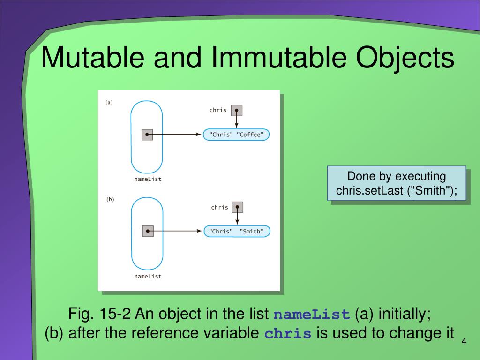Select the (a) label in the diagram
pyautogui.click(x=109, y=103)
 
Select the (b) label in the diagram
pyautogui.click(x=110, y=199)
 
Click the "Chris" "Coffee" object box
pyautogui.click(x=236, y=135)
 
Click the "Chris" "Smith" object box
pyautogui.click(x=236, y=231)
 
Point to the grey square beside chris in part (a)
pyautogui.click(x=237, y=111)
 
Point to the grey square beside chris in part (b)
pyautogui.click(x=238, y=207)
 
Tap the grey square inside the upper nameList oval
pyautogui.click(x=147, y=135)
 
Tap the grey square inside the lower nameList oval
pyautogui.click(x=148, y=231)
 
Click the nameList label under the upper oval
pyautogui.click(x=148, y=179)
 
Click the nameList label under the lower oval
pyautogui.click(x=148, y=276)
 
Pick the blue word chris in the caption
pyautogui.click(x=288, y=334)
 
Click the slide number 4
pyautogui.click(x=464, y=341)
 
